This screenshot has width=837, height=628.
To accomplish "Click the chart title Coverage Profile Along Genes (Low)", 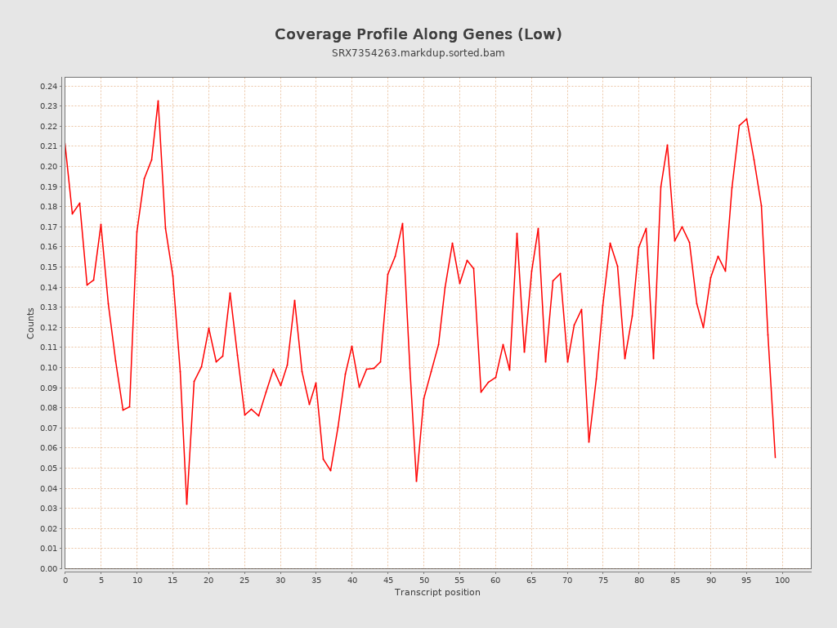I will coord(418,34).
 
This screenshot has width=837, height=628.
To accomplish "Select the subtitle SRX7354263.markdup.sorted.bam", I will coord(418,53).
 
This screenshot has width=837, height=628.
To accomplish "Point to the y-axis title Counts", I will coord(31,323).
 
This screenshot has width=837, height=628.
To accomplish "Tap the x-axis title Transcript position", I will coord(437,592).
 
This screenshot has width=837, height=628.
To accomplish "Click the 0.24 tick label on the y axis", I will coord(48,86).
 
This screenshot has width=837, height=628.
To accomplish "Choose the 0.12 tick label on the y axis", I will coord(48,327).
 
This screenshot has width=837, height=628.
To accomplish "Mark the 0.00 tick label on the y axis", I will coord(48,568).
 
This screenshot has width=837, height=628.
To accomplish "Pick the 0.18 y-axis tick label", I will coord(48,207).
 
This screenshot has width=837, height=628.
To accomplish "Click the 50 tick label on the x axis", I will coord(423,580).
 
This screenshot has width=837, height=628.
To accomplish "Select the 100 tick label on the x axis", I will coord(782,580).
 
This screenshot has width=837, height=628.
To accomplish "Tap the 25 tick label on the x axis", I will coord(244,580).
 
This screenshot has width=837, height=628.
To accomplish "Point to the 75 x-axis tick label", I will coord(603,580).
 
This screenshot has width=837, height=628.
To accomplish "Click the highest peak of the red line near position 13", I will coord(158,101).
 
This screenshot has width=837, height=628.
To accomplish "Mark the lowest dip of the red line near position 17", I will coord(186,504).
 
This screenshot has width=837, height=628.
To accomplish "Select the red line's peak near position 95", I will coord(746,119).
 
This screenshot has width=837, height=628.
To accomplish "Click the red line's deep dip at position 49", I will coord(416,481).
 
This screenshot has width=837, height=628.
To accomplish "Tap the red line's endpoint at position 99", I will coord(775,457).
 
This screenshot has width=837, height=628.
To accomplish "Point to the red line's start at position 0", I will coord(65,146).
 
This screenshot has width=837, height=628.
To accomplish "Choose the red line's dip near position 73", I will coord(589,442).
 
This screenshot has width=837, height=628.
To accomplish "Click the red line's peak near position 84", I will coord(667,145).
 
